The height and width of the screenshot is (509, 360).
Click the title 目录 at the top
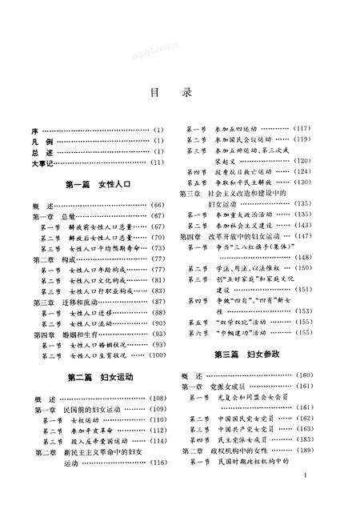tap(181, 92)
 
